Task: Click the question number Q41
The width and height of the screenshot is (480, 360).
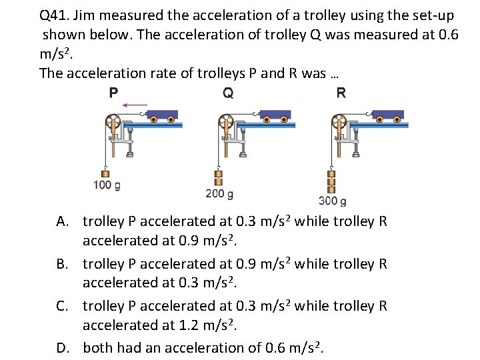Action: (55, 15)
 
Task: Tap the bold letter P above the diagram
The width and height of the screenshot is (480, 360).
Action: (113, 93)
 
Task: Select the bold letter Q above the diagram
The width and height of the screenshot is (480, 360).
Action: (228, 93)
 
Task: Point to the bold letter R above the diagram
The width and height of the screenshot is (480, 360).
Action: (341, 93)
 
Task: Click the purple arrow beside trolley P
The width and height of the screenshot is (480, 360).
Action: (136, 104)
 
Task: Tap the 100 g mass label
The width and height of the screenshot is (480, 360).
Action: (107, 185)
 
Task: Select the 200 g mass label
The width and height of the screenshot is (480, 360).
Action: (219, 194)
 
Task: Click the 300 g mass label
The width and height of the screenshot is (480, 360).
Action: (333, 200)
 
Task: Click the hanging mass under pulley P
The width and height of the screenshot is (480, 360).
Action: (105, 173)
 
